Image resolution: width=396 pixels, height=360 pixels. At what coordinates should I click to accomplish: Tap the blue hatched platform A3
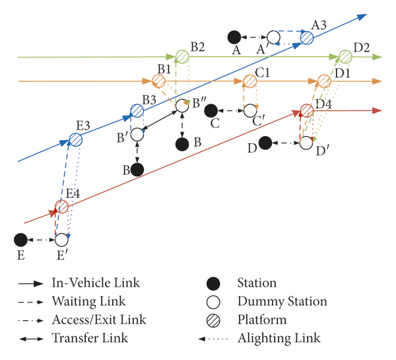(307, 37)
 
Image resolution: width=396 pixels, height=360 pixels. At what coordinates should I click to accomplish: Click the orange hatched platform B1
(158, 81)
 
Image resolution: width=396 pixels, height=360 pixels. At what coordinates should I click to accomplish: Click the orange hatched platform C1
(249, 81)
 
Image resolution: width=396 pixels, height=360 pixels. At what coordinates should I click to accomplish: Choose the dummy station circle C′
(249, 110)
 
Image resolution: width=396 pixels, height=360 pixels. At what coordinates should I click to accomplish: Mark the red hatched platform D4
(306, 110)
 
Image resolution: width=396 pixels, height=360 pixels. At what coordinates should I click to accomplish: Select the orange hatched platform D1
(323, 81)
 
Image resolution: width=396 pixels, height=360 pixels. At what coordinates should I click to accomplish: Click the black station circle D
(265, 142)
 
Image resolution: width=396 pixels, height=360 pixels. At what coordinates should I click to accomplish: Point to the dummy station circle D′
(306, 142)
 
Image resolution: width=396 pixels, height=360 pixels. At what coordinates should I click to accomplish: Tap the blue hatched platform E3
(76, 139)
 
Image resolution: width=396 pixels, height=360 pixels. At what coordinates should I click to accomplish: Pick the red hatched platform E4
(61, 207)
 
